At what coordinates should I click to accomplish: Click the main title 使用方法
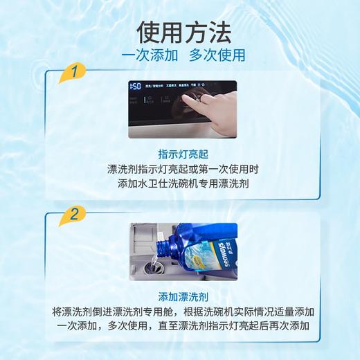pyautogui.click(x=180, y=31)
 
